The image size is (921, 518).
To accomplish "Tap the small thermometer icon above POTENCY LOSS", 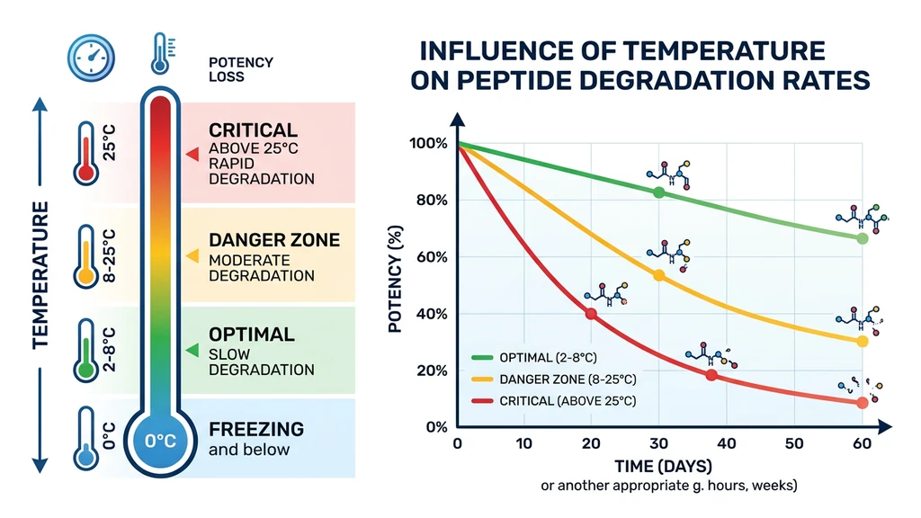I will coord(161,54).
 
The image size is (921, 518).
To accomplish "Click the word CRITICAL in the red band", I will coord(253,130).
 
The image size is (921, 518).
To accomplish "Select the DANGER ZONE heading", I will coord(274,240).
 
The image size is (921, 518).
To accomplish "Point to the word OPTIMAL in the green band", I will coord(251,335).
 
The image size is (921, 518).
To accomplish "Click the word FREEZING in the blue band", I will coord(256,429).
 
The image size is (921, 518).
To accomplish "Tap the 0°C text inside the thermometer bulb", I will coord(160,442).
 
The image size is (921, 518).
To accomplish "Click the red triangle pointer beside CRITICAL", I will coord(191,155).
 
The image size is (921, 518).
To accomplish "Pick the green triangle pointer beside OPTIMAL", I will coord(191,350).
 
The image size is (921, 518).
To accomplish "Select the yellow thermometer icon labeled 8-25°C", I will coord(86,255).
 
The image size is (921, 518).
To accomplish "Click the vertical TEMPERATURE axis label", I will coord(40,275).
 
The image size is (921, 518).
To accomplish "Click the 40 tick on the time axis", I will coord(728,443).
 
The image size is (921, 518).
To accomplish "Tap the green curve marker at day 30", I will coord(659,192).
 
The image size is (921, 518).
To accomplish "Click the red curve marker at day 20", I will coord(591,314).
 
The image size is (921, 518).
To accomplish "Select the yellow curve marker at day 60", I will coord(863,342).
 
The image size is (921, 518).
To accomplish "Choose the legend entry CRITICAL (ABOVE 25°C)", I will coord(566,400).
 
